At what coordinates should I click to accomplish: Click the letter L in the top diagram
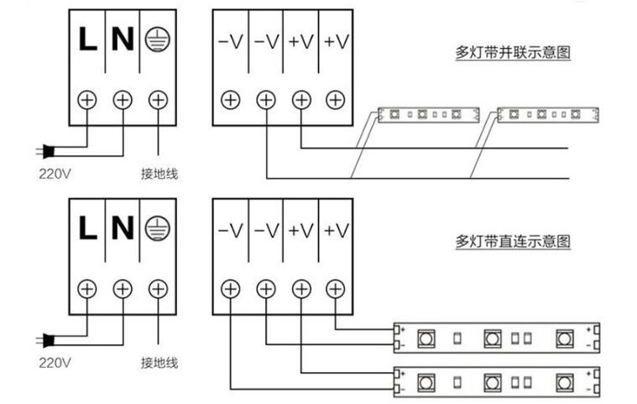(86, 39)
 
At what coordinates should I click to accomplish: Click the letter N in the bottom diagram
(123, 228)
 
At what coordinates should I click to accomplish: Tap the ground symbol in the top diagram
(157, 39)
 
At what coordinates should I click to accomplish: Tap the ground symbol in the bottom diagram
(157, 228)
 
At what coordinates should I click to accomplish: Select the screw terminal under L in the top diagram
(86, 99)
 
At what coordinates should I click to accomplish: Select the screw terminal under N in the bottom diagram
(123, 289)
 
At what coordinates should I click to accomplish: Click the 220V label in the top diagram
(55, 175)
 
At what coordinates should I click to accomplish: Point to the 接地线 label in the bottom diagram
(159, 364)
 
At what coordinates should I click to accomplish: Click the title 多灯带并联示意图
(513, 53)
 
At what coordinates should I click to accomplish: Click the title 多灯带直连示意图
(513, 242)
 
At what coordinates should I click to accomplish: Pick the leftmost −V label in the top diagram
(230, 40)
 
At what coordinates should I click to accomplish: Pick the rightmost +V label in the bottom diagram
(336, 229)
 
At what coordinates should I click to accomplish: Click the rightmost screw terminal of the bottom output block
(336, 289)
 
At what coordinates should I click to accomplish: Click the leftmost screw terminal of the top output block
(230, 99)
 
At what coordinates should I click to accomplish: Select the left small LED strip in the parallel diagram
(428, 113)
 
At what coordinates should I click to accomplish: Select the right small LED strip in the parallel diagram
(547, 113)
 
